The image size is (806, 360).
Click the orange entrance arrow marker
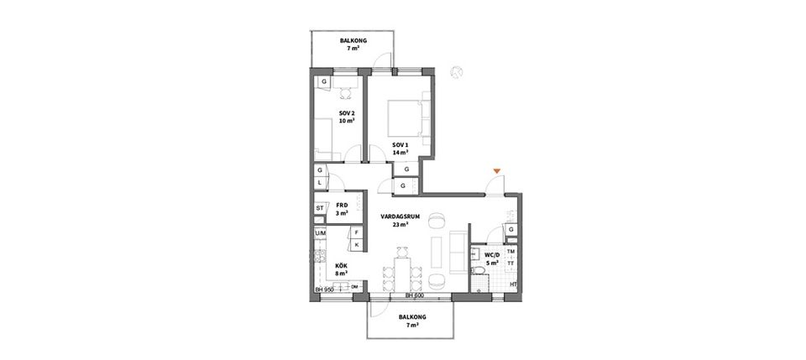click(497, 172)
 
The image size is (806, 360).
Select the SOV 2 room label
click(347, 117)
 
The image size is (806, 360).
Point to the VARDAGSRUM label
click(400, 221)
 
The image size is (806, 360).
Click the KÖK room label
click(340, 269)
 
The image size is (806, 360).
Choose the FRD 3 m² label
click(343, 208)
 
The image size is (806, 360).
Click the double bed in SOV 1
click(409, 117)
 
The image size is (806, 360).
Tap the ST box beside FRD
click(320, 208)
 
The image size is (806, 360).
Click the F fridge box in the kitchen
click(356, 232)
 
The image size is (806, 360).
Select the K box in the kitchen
click(356, 244)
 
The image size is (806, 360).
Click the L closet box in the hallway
click(320, 182)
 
